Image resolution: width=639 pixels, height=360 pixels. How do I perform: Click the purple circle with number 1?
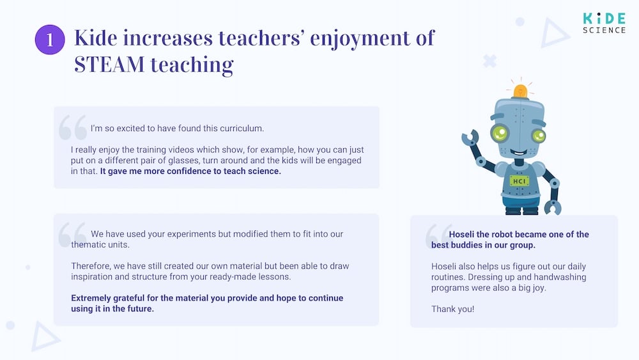click(x=50, y=40)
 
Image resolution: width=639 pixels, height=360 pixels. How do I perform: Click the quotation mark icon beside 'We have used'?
click(x=72, y=235)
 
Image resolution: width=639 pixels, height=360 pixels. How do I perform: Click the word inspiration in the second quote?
click(x=95, y=277)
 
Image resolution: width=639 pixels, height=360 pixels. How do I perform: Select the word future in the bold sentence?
click(x=139, y=309)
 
